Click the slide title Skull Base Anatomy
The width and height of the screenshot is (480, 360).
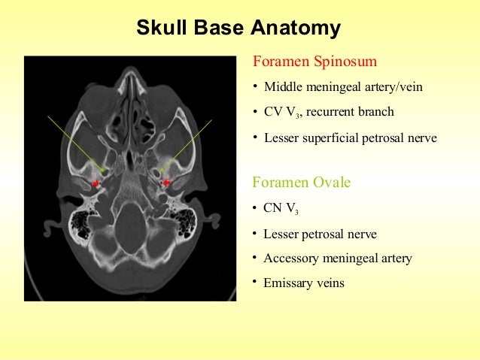pyautogui.click(x=238, y=29)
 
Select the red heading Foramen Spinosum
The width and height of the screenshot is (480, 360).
pyautogui.click(x=314, y=61)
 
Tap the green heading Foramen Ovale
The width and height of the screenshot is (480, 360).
pyautogui.click(x=302, y=183)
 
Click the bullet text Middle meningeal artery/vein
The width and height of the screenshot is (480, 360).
pyautogui.click(x=343, y=87)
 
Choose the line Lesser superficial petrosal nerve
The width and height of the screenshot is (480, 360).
pyautogui.click(x=350, y=138)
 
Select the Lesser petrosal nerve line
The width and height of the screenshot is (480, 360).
pyautogui.click(x=320, y=234)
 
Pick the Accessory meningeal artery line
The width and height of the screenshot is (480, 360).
pyautogui.click(x=338, y=259)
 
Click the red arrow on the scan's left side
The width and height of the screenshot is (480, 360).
pyautogui.click(x=96, y=183)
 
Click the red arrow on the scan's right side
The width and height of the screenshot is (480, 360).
pyautogui.click(x=166, y=183)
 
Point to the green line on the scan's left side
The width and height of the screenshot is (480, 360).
pyautogui.click(x=76, y=143)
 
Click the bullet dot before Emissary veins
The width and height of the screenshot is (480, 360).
pyautogui.click(x=256, y=282)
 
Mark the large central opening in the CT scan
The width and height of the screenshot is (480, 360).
pyautogui.click(x=131, y=219)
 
